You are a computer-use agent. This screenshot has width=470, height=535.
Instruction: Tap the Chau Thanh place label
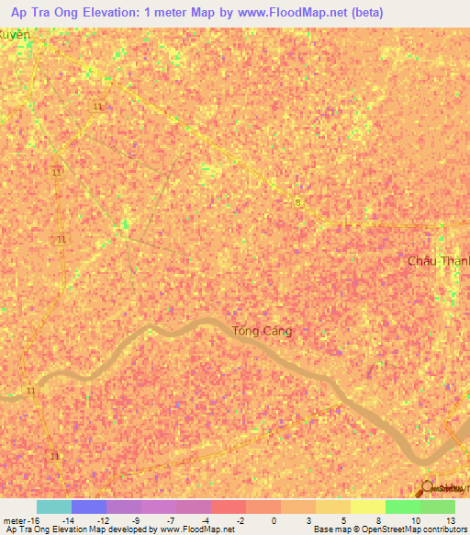(x=438, y=261)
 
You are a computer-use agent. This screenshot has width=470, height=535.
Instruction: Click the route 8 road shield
(x=297, y=201)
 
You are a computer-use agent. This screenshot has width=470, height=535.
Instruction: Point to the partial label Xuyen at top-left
(x=15, y=34)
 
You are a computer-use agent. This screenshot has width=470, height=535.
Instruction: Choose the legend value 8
(x=378, y=520)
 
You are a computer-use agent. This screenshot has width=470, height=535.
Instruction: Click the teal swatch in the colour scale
(x=54, y=507)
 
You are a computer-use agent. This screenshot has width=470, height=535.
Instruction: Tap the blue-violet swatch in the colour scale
(x=89, y=507)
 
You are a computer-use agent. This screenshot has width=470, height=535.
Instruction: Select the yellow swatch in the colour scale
(x=368, y=507)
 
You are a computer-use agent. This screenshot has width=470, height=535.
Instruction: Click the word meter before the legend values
(x=17, y=520)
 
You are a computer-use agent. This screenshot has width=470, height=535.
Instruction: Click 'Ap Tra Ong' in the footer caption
(x=27, y=530)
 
